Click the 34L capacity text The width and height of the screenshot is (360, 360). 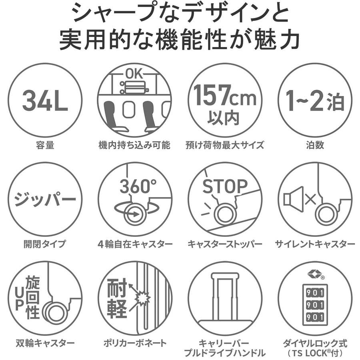(45, 100)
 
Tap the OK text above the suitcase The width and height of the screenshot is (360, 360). (134, 74)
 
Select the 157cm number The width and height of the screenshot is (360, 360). (225, 95)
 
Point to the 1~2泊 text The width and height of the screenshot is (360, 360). (315, 100)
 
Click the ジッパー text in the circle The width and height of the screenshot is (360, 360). (45, 199)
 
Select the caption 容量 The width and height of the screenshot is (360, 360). (45, 145)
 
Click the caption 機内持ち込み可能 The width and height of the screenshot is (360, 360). (134, 145)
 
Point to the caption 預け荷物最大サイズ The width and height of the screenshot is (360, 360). (225, 145)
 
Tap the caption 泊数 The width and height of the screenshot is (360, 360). (315, 145)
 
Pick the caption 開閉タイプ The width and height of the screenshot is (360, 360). (45, 244)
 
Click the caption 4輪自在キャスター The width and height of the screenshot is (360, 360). (135, 244)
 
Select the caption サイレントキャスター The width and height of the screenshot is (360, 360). (315, 244)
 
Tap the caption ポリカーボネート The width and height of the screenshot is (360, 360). (135, 343)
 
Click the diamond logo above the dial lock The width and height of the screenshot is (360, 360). (314, 274)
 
